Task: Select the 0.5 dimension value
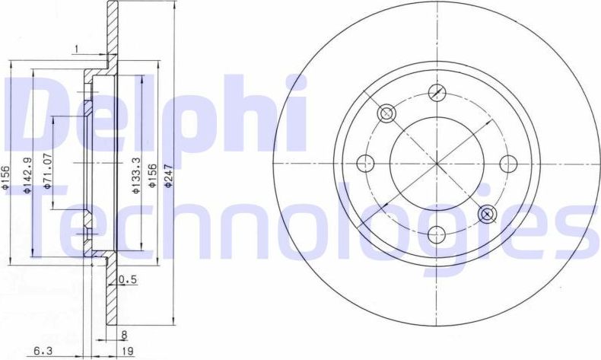[x=128, y=279]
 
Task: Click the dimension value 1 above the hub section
[x=77, y=49]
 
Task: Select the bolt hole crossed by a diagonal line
[x=436, y=92]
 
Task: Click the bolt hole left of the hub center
[x=366, y=163]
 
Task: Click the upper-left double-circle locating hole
[x=386, y=113]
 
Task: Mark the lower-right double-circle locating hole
[x=487, y=214]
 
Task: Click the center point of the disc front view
[x=437, y=163]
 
